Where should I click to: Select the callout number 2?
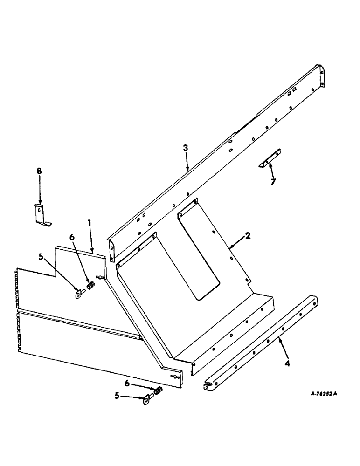(248, 236)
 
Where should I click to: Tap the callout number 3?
(186, 148)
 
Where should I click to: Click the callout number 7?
(273, 182)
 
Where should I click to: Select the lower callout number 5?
(118, 396)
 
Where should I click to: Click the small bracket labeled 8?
(41, 215)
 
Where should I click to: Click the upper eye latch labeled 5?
(80, 294)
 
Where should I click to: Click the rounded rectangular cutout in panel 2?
(199, 254)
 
